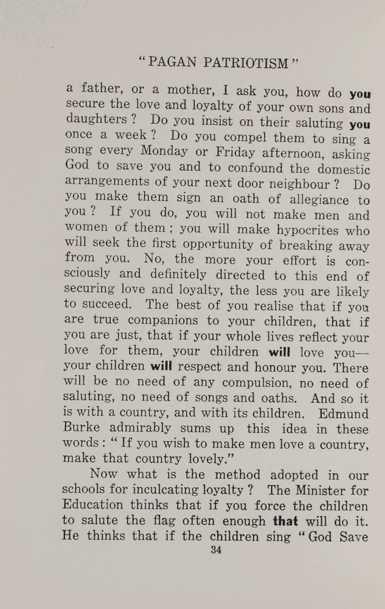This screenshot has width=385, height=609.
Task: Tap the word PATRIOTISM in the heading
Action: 246,62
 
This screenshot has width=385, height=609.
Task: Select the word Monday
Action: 166,150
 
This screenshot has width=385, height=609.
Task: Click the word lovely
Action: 215,459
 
